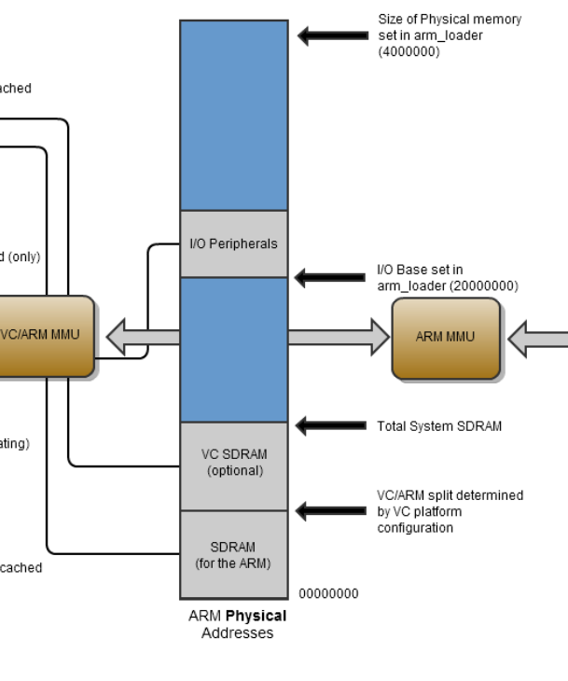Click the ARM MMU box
[x=445, y=338]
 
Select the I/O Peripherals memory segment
[x=233, y=244]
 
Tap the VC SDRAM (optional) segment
[x=233, y=463]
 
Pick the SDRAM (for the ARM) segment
[x=233, y=555]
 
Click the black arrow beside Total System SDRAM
[x=331, y=426]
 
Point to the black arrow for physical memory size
[x=331, y=36]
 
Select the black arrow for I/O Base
[x=331, y=277]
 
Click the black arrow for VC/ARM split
[x=331, y=510]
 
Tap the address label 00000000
[x=328, y=593]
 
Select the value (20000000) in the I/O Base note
[x=486, y=285]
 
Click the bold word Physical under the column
[x=261, y=616]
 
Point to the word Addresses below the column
[x=237, y=632]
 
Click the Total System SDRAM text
[x=439, y=426]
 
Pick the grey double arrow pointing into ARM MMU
[x=339, y=337]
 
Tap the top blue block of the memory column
[x=233, y=115]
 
